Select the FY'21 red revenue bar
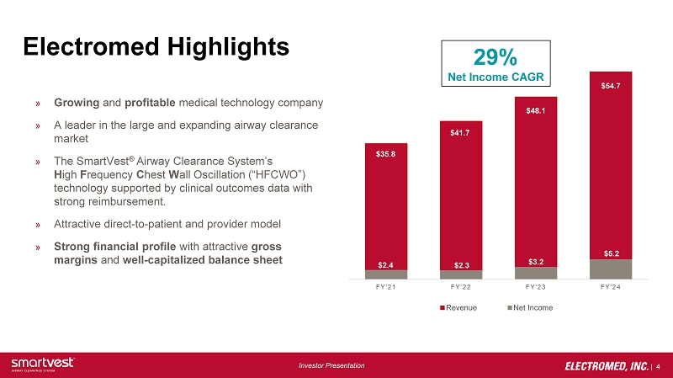386,210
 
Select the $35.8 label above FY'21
386,154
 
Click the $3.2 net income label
536,261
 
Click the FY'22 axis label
461,288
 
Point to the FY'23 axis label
536,288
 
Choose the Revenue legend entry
459,307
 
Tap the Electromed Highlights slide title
156,45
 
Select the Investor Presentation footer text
333,365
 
